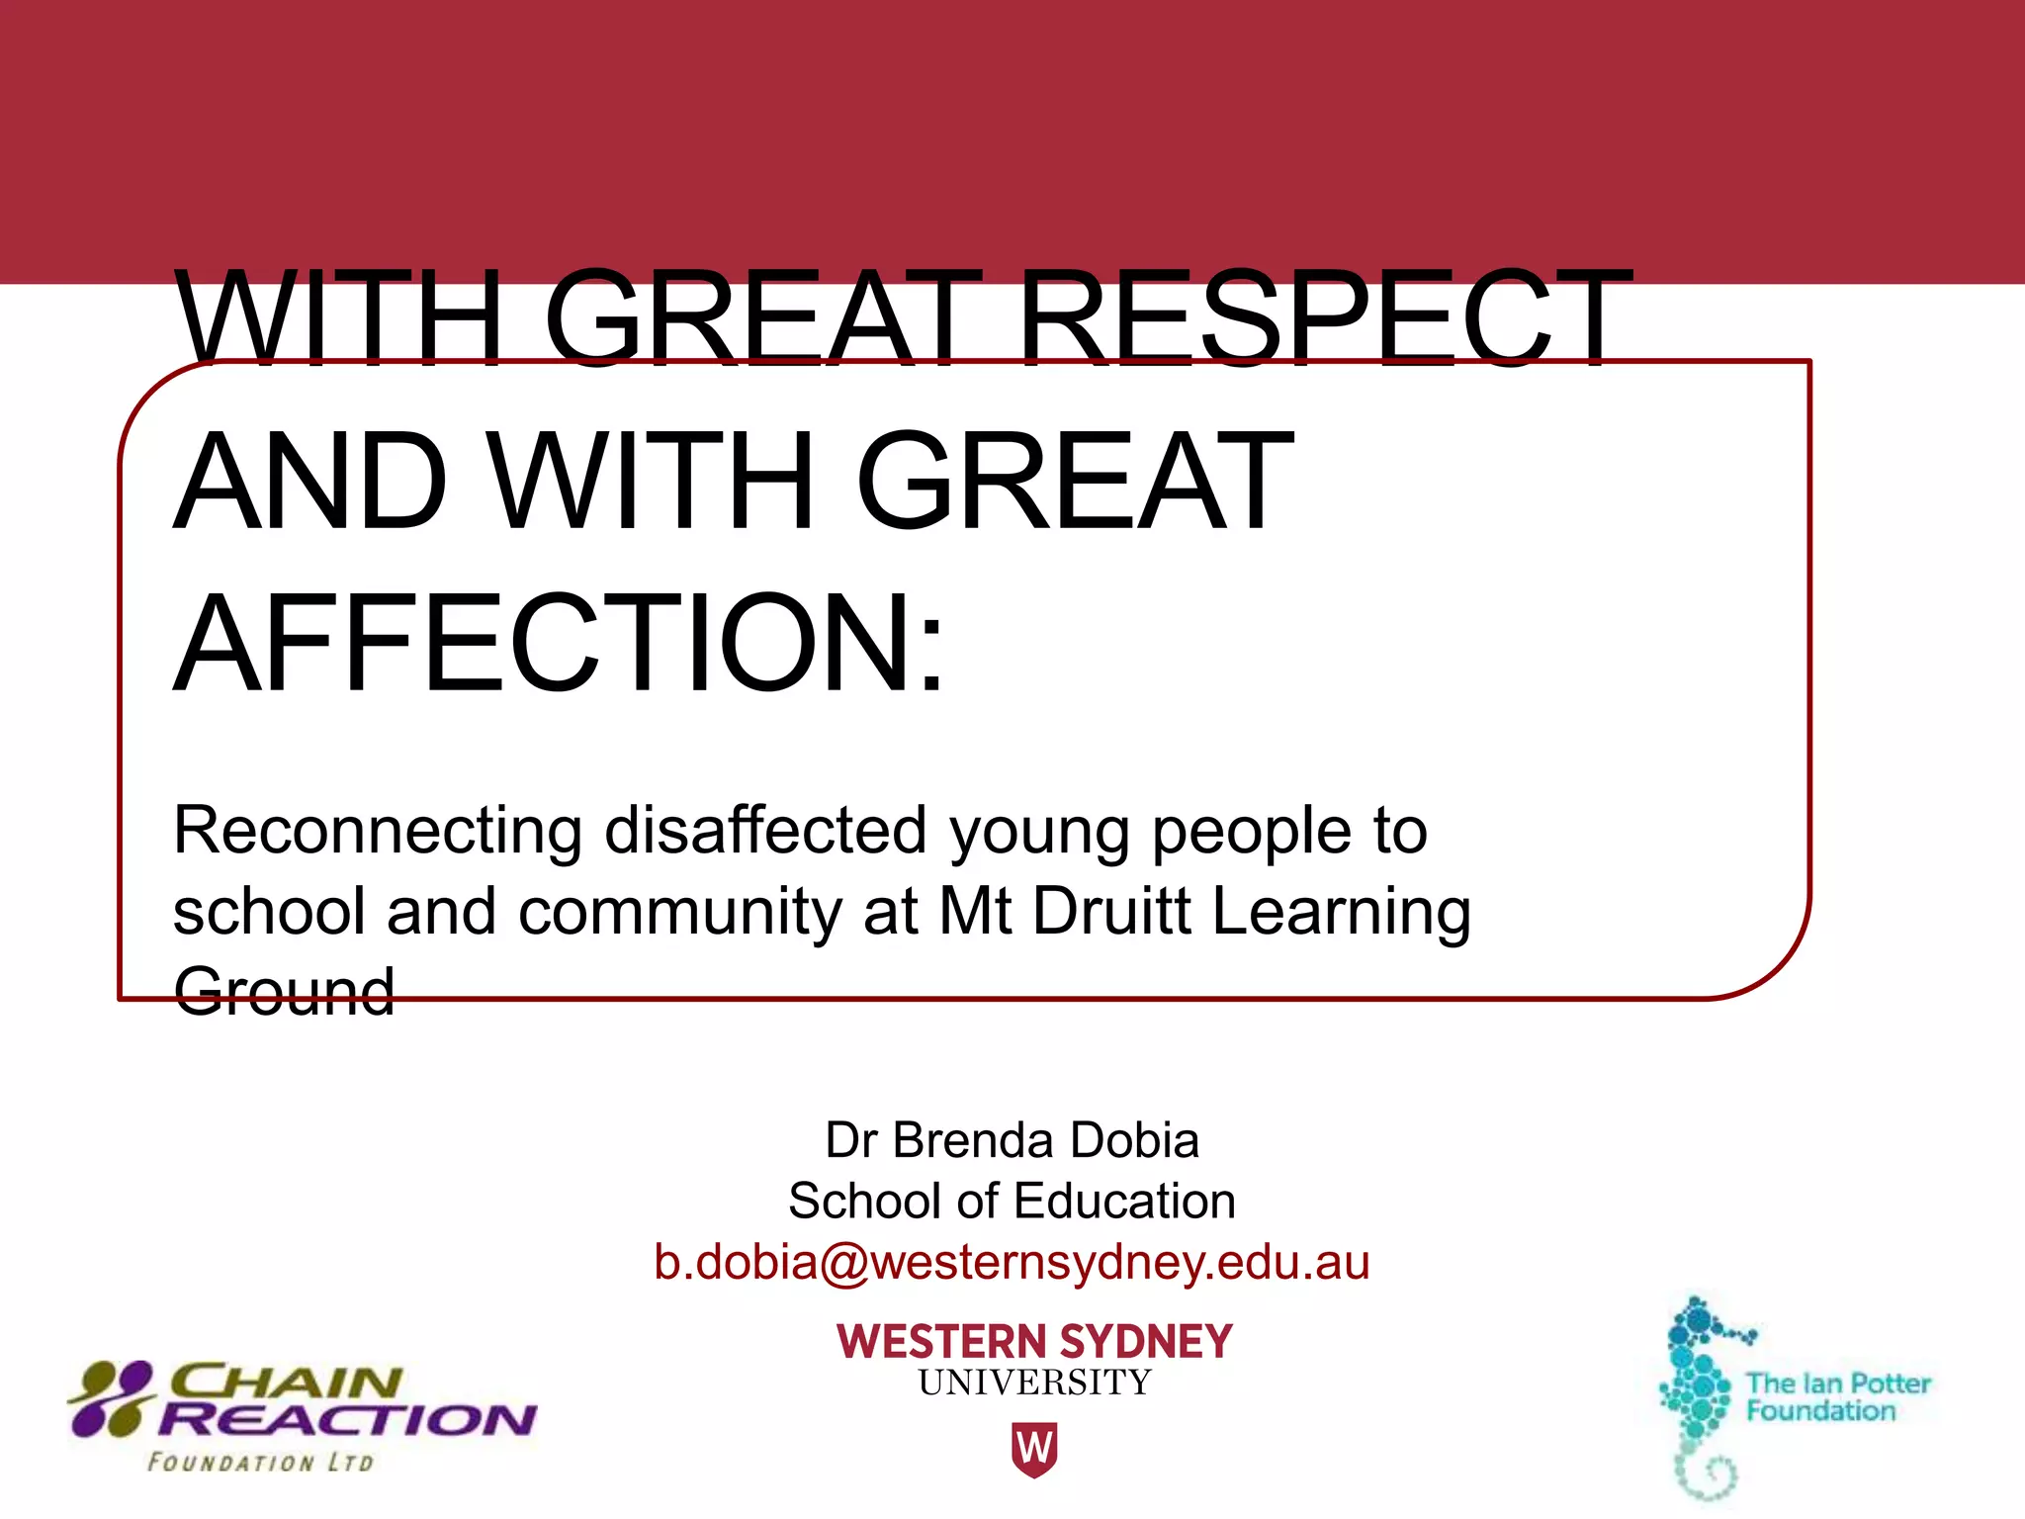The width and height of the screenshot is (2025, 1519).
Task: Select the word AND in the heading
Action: [x=309, y=482]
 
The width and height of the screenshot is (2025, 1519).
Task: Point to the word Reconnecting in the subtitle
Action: [x=377, y=831]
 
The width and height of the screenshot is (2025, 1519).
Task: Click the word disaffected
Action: [x=766, y=831]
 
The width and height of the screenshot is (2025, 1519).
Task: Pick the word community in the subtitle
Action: [x=679, y=911]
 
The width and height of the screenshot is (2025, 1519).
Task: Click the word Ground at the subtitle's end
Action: [x=284, y=991]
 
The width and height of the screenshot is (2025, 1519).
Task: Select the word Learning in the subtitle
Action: [x=1342, y=913]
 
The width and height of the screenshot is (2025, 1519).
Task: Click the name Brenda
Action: [x=968, y=1140]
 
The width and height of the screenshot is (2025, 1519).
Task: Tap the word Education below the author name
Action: [x=1124, y=1202]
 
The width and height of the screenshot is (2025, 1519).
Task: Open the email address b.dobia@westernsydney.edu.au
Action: [x=1012, y=1263]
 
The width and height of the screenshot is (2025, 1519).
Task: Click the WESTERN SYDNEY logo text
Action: [x=1034, y=1342]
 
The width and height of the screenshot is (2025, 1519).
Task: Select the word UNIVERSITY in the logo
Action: [x=1034, y=1383]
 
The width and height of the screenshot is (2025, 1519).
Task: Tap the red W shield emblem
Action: [x=1034, y=1449]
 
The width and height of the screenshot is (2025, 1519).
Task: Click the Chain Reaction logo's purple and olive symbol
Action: [x=112, y=1398]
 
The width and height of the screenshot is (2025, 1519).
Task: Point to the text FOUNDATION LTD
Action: [x=260, y=1463]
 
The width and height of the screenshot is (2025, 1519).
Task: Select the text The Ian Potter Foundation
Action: [x=1837, y=1396]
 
